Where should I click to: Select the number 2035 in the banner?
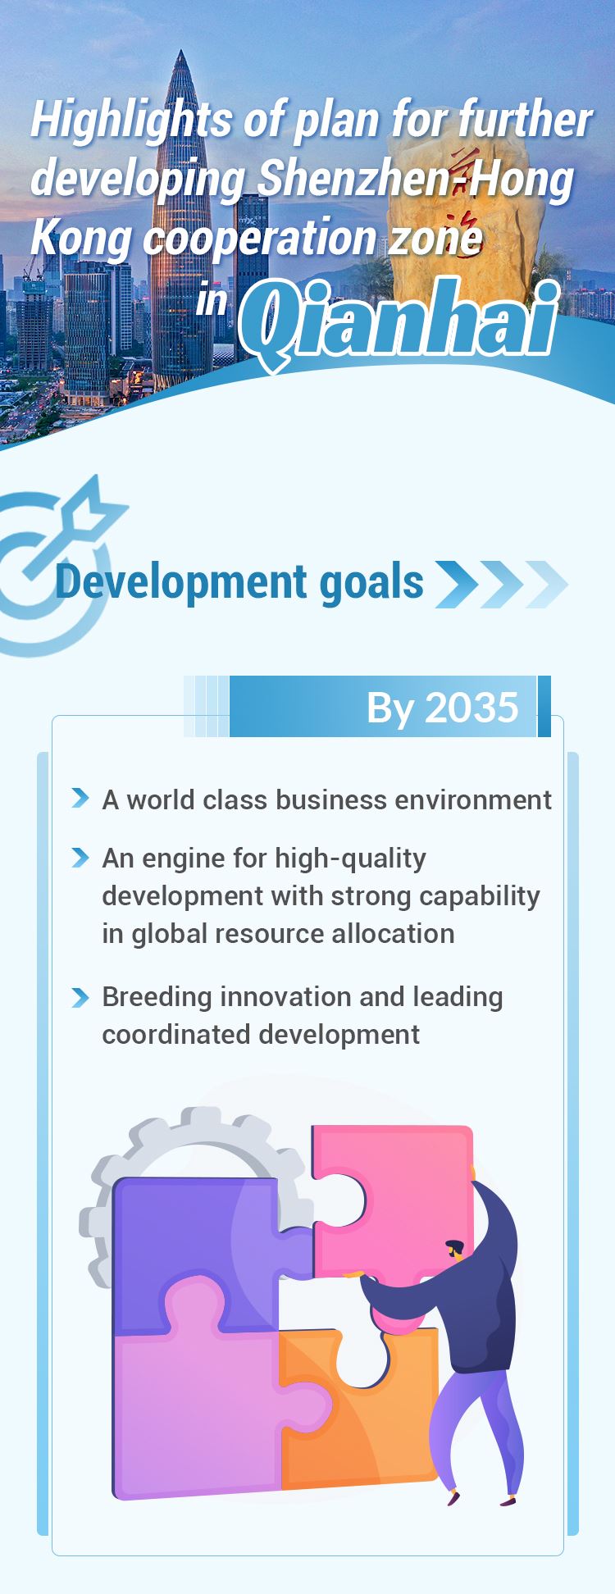click(472, 707)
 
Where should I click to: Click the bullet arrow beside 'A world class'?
click(80, 798)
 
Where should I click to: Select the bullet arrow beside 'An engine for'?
click(80, 858)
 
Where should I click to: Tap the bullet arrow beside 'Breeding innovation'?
click(80, 997)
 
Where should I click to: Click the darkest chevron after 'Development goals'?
click(457, 584)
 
